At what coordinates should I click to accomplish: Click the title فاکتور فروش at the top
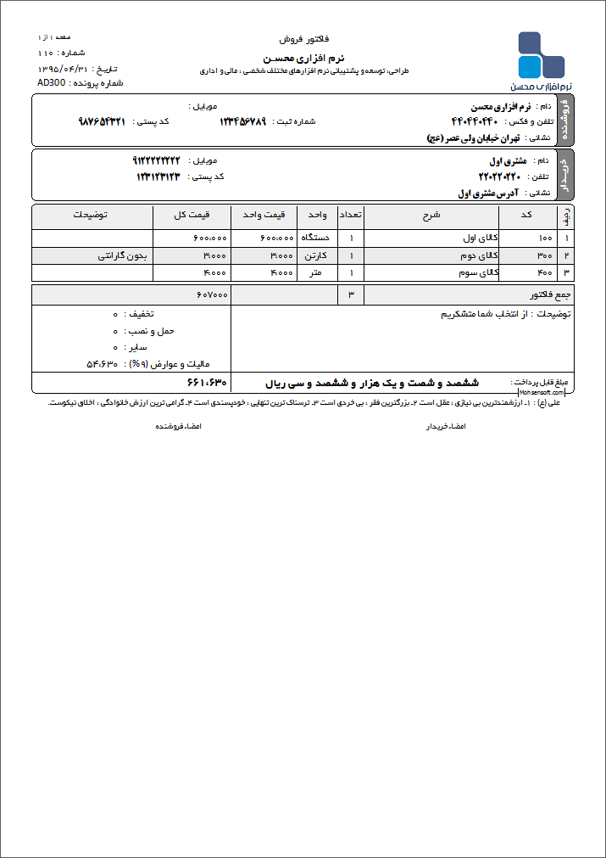tap(303, 40)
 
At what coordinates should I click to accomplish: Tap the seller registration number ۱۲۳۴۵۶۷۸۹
tap(242, 121)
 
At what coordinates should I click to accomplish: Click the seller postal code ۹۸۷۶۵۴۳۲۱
tap(102, 121)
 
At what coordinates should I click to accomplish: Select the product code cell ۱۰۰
tap(545, 238)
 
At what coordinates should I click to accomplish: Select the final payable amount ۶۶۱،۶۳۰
tap(206, 383)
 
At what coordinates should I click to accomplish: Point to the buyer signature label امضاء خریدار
tap(445, 426)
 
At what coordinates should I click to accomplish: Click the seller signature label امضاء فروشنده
tap(177, 426)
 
